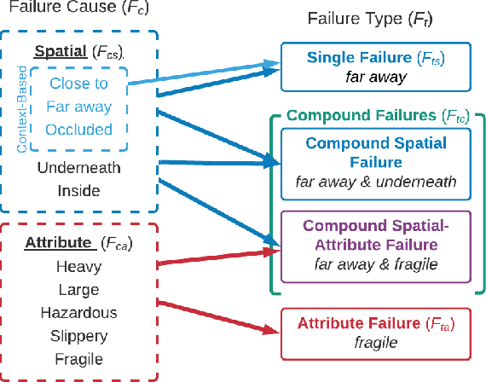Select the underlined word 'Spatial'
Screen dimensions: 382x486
coord(60,50)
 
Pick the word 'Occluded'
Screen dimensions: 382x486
coord(79,130)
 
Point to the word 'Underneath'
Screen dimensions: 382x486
coord(78,167)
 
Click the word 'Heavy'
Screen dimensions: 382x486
coord(78,267)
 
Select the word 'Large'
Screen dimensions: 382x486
coord(78,290)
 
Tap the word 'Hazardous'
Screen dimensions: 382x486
coord(78,313)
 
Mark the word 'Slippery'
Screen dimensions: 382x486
coord(78,336)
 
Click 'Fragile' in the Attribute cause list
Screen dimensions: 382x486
coord(78,359)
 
